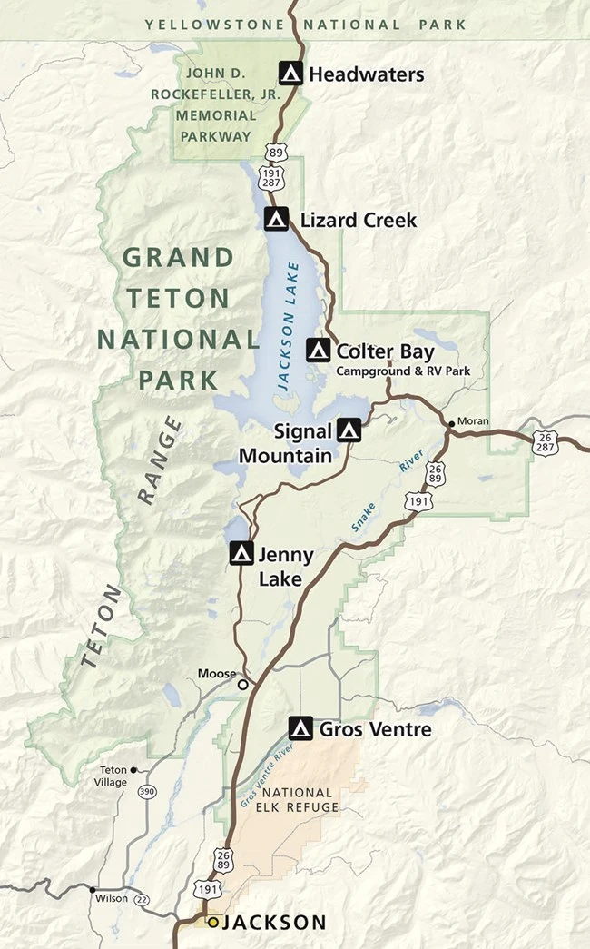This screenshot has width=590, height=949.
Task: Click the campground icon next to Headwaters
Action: (x=290, y=74)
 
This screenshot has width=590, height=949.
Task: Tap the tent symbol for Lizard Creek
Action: (x=277, y=219)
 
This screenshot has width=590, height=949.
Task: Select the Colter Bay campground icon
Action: (x=318, y=350)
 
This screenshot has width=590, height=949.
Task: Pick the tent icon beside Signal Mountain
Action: (x=349, y=430)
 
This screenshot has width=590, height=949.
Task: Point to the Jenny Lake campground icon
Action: (x=241, y=553)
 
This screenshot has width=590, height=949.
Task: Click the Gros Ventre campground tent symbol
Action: (x=300, y=728)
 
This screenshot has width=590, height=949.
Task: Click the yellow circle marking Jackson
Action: (x=213, y=923)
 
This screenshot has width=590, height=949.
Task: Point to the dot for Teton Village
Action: (x=133, y=770)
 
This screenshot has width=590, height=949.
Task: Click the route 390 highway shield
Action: (x=146, y=792)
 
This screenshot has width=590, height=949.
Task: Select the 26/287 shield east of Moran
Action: (x=544, y=442)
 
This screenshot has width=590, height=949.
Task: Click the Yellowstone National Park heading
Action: (x=306, y=25)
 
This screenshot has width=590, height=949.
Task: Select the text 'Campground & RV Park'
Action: (x=395, y=371)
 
